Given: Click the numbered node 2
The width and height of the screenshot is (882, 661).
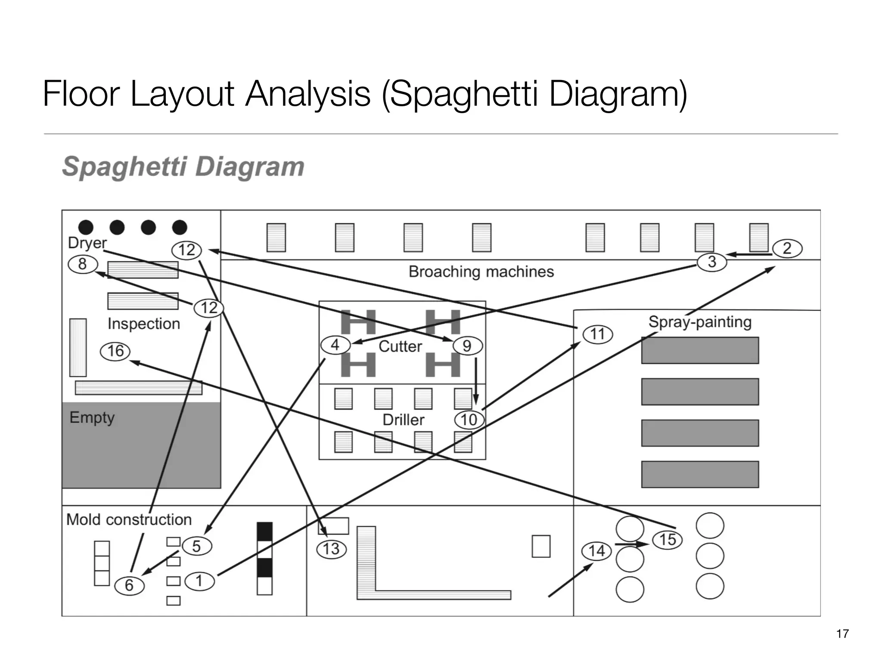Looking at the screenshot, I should click(787, 248).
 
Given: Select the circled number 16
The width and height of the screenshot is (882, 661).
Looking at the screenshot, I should click(115, 351).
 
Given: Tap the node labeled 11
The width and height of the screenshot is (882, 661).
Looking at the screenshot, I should click(597, 334).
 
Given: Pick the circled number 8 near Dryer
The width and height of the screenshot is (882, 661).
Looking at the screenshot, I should click(83, 264).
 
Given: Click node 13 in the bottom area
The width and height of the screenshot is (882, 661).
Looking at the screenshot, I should click(331, 549).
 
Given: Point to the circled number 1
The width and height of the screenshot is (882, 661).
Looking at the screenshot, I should click(199, 581).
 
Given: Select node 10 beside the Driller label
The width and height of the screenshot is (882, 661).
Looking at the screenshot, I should click(469, 420).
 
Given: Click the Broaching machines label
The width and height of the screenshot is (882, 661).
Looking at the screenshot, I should click(481, 272).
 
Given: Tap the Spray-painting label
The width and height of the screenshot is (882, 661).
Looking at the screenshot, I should click(700, 322).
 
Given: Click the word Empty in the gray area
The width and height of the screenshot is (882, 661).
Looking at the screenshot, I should click(92, 417).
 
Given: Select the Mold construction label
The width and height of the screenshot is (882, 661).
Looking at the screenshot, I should click(129, 519).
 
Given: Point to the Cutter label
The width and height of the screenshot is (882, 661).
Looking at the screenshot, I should click(400, 346).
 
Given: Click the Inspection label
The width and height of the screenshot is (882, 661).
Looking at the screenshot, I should click(144, 324).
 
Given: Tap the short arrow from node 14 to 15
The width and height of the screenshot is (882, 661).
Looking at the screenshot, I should click(631, 544).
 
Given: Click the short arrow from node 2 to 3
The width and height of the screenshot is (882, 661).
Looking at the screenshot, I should click(749, 255).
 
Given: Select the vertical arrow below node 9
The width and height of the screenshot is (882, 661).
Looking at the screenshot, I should click(476, 381).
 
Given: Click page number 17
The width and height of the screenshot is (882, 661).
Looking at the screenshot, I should click(842, 634).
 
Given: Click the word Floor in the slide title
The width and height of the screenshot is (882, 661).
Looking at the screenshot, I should click(81, 93).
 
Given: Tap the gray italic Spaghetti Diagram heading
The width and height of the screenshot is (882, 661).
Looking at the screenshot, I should click(183, 167).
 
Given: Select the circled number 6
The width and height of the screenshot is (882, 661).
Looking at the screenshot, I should click(129, 585).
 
